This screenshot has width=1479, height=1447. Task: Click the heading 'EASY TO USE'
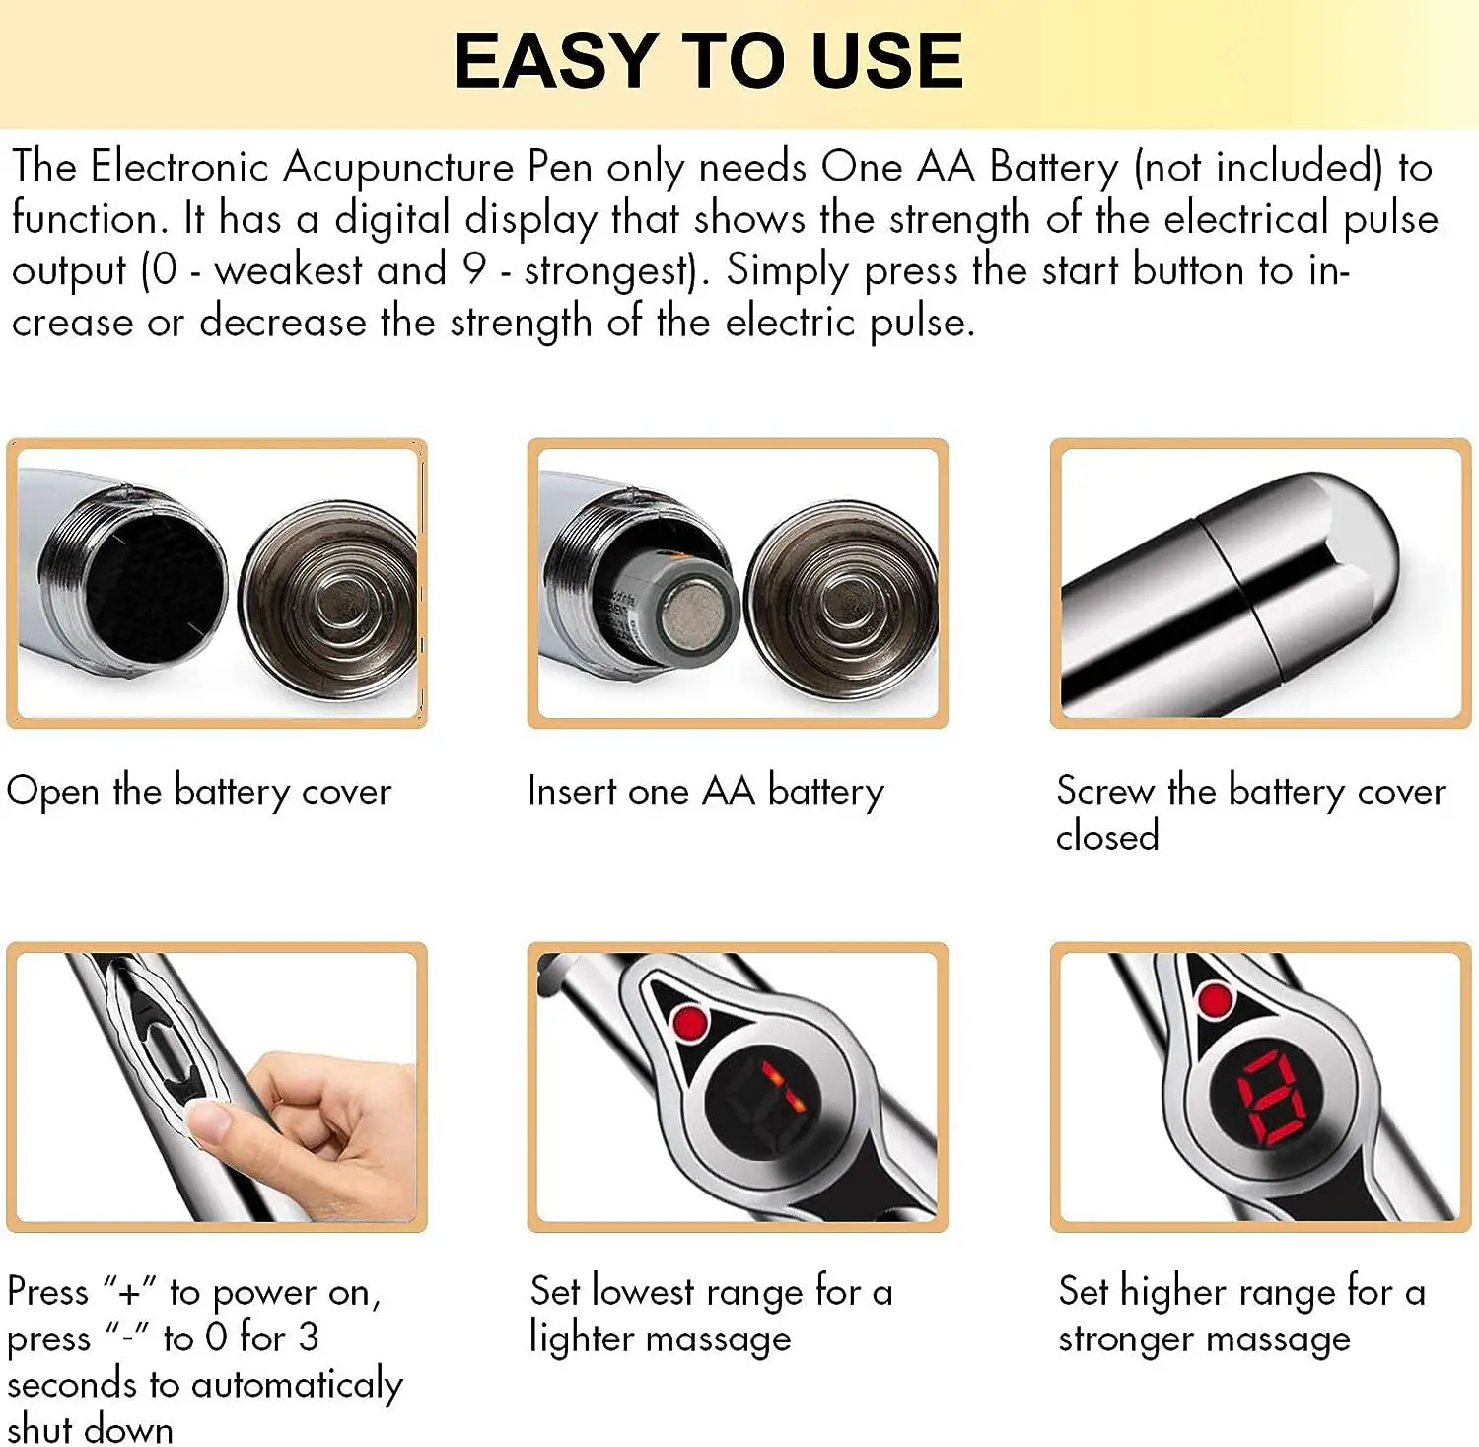(x=708, y=61)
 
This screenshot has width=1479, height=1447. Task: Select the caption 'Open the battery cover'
(x=199, y=792)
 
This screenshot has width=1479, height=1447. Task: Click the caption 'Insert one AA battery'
(x=706, y=792)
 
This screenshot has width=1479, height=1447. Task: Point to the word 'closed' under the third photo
(x=1107, y=837)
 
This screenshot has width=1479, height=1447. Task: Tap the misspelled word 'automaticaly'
(x=297, y=1385)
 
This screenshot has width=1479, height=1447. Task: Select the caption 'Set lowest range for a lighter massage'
(x=710, y=1315)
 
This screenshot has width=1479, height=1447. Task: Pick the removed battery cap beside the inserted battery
(x=841, y=601)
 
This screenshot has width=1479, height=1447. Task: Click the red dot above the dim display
(x=689, y=1022)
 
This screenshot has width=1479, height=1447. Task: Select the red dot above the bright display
(x=1215, y=1000)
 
